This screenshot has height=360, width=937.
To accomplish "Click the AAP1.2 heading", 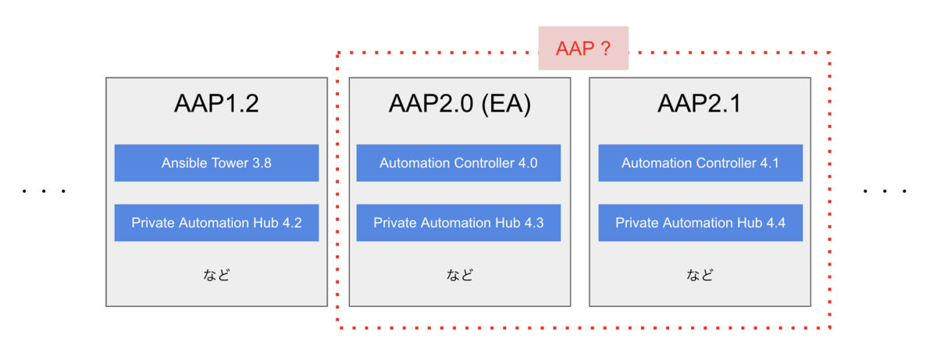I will (x=216, y=104).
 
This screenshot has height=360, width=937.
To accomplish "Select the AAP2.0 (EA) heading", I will (x=459, y=104).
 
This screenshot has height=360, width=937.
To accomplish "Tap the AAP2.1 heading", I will (x=700, y=104).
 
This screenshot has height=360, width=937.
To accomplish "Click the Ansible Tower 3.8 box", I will (x=216, y=163).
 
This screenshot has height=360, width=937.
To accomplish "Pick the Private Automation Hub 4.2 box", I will (x=216, y=223).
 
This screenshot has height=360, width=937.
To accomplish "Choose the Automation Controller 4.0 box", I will (x=458, y=163).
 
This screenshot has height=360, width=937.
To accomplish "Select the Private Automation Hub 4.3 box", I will (x=458, y=223).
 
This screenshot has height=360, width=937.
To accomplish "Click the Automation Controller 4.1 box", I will (x=700, y=163).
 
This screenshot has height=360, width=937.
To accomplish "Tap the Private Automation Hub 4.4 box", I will (x=700, y=223).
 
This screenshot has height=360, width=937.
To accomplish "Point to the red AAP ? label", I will (x=583, y=48).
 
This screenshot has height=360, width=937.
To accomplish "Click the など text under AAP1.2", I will (x=216, y=275).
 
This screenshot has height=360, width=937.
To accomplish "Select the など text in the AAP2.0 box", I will (x=459, y=275).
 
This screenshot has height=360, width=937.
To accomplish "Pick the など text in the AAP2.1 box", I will (x=700, y=275).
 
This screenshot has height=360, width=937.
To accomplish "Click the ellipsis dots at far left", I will (x=44, y=191).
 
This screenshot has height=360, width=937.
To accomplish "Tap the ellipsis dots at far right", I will (x=885, y=191).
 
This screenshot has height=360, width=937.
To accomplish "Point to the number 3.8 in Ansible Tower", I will (x=261, y=163).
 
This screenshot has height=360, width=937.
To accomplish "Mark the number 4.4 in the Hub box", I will (x=775, y=223).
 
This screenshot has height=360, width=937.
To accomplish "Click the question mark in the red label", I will (x=605, y=48).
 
